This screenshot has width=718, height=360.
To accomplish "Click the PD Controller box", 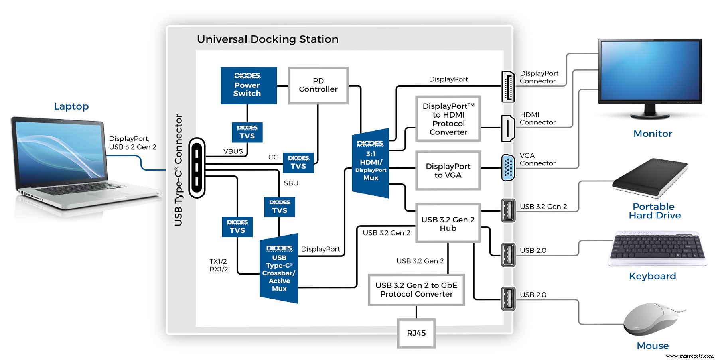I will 318,85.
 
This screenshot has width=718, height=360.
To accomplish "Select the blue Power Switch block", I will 249,86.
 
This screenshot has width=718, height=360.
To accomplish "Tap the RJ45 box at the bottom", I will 416,333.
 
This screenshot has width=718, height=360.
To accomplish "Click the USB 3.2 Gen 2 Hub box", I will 448,224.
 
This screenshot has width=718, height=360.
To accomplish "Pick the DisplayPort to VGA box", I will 448,171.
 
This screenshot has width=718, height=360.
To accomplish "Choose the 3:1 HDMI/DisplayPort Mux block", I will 370,163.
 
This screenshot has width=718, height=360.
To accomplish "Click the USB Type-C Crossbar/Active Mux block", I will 279,269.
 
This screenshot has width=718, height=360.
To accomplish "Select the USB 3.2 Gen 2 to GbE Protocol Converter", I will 416,290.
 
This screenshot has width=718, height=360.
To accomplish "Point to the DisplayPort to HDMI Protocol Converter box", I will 448,119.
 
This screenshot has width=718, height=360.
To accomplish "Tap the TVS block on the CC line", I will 298,163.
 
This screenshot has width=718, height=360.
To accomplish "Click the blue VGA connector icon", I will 507,167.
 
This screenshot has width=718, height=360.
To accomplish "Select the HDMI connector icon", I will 507,128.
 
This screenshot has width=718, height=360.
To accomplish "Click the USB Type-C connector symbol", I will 197,168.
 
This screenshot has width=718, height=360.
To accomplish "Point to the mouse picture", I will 651,320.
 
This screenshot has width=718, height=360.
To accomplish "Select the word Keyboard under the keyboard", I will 652,276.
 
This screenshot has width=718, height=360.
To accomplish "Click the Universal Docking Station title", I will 268,39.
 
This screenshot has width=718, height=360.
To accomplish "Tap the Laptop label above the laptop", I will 71,106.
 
